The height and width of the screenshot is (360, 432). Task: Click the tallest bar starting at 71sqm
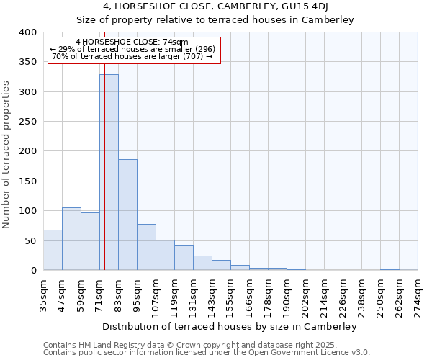pos(109,172)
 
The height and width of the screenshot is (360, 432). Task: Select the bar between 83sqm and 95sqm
pos(127,215)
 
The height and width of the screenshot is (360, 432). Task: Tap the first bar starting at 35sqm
pos(53,250)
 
